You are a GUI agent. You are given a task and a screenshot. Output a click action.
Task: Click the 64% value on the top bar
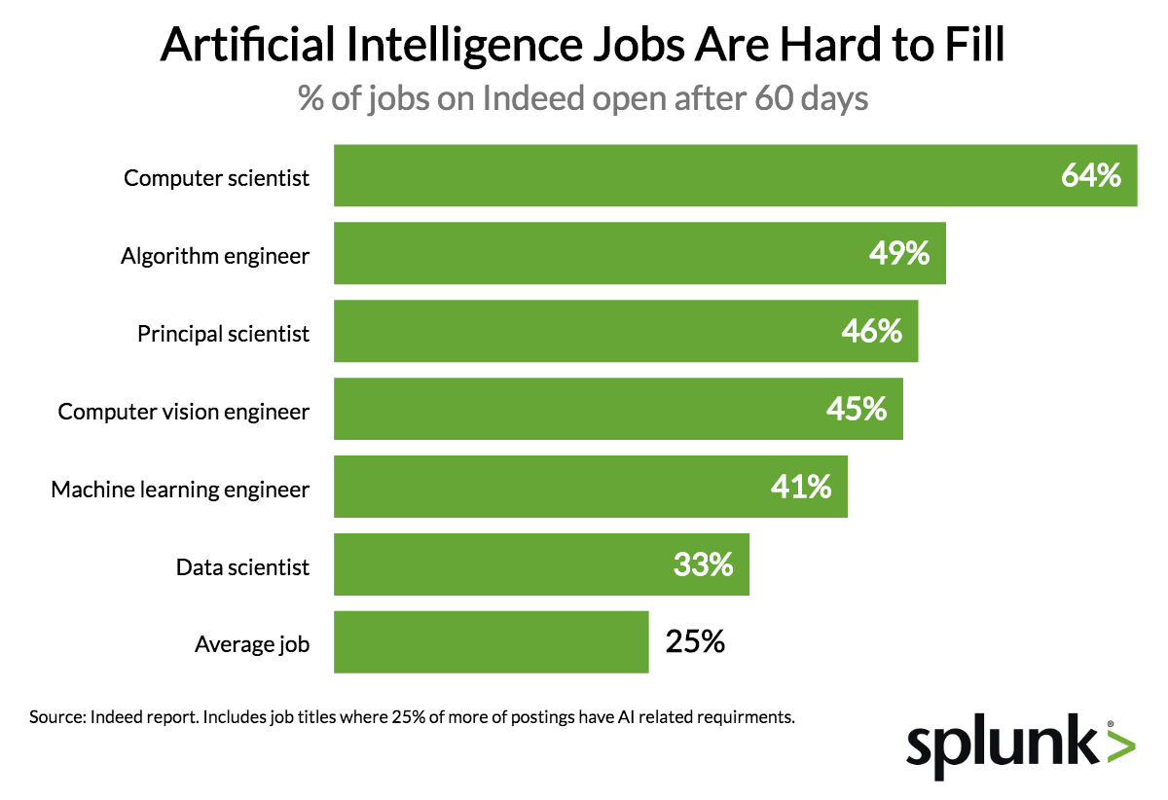[1092, 176]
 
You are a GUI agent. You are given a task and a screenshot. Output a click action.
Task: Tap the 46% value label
[872, 332]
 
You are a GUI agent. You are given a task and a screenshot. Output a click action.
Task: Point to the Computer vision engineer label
[184, 412]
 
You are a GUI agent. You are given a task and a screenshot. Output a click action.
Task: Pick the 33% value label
[703, 564]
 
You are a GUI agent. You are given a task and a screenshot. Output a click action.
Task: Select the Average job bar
[491, 642]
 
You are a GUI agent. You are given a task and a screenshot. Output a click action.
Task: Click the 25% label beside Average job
[695, 642]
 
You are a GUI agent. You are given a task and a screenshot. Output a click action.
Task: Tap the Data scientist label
[242, 566]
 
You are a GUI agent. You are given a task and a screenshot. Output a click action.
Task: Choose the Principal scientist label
[223, 334]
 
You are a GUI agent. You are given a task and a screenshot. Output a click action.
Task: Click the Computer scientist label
[216, 178]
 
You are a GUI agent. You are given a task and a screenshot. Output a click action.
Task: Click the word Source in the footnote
[57, 718]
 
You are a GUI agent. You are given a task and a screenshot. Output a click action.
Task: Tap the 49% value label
[899, 254]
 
